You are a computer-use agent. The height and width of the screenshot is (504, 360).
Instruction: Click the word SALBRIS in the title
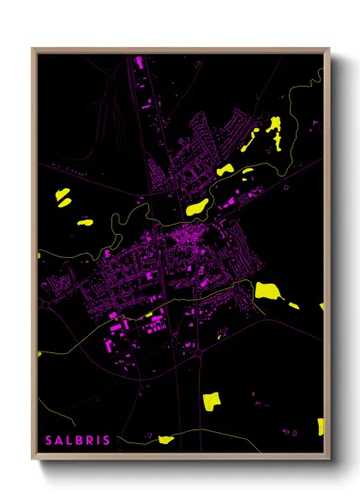click(77, 441)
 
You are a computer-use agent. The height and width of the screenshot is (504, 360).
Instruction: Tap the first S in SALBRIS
click(49, 441)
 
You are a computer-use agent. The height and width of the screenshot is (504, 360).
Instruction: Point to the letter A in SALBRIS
click(59, 441)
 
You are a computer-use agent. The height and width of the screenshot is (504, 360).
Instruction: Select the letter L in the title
click(69, 441)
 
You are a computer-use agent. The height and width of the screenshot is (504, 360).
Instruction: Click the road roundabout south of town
click(199, 351)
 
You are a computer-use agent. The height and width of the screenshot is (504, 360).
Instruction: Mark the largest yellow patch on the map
click(267, 290)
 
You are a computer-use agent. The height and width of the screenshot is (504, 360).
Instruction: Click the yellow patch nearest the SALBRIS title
click(165, 440)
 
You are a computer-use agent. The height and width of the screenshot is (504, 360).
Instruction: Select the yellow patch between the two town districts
click(197, 207)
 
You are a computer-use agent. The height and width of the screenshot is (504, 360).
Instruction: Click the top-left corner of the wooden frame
click(33, 49)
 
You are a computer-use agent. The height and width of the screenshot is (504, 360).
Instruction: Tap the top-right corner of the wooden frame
click(329, 49)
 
